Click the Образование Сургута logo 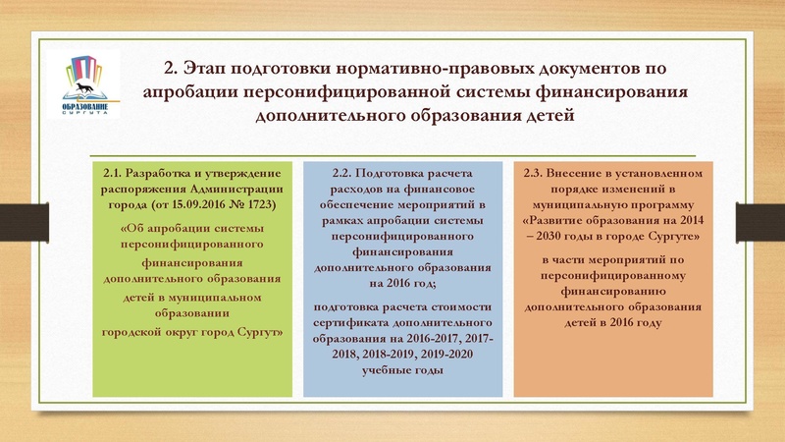(x=89, y=83)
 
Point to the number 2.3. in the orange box (x=536, y=173)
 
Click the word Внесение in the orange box (x=584, y=173)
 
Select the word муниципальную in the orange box (x=573, y=204)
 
